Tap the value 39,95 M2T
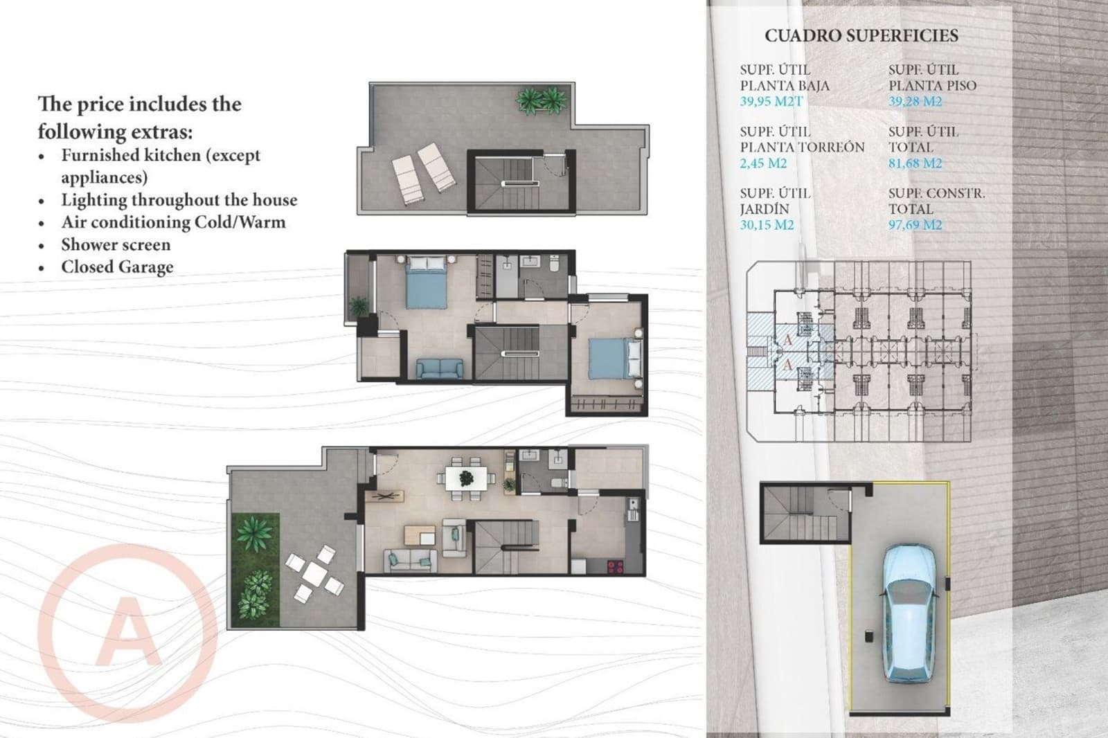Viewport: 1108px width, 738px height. coord(771,102)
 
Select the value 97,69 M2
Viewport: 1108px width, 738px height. coord(915,225)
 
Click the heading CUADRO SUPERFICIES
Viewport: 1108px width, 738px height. coord(861,36)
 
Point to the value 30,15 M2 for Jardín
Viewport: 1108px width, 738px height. coord(767,225)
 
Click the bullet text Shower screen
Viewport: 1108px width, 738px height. coord(115,244)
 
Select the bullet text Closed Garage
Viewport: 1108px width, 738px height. coord(117,267)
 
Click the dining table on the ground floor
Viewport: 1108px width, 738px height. coord(466,477)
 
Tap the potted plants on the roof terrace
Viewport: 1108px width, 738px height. coord(541,100)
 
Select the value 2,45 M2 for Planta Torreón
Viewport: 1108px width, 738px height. coord(763,163)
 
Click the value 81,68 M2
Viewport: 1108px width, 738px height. coord(915,163)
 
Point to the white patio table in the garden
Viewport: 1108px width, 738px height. coord(315,573)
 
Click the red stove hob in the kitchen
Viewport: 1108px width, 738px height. coord(614,566)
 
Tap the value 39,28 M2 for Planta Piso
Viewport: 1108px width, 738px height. coord(915,102)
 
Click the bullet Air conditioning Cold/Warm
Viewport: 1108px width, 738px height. coord(173,222)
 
